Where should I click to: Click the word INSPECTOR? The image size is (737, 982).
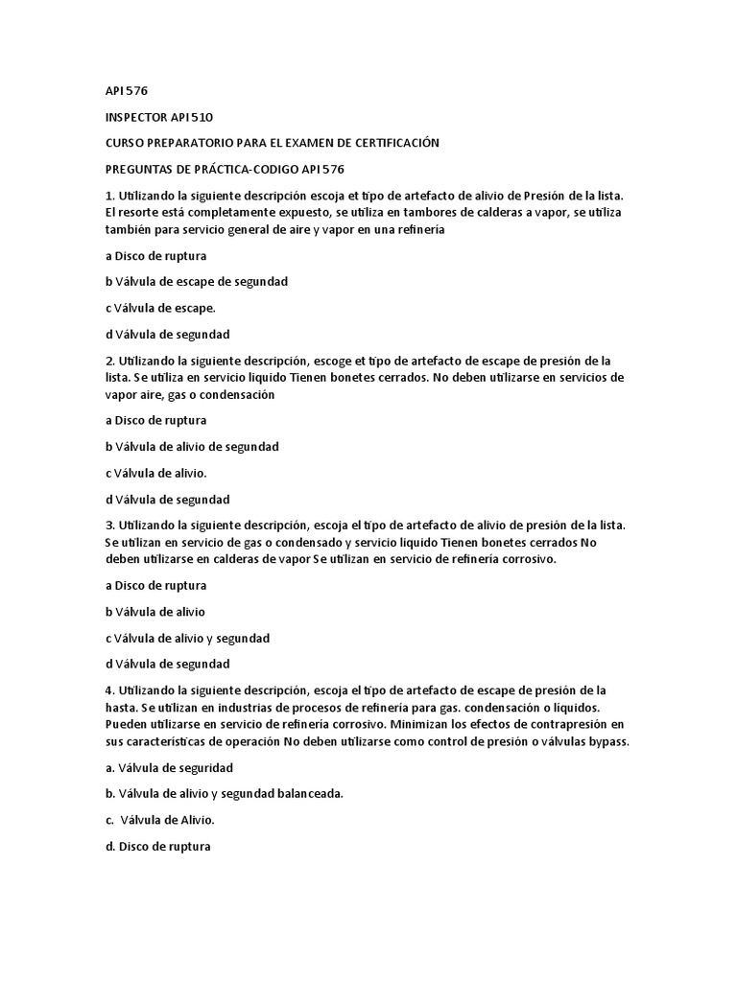click(137, 117)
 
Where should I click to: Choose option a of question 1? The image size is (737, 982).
click(155, 256)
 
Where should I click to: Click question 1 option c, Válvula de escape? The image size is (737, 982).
click(159, 308)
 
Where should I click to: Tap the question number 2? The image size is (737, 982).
click(108, 361)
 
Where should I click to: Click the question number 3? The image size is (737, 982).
click(108, 525)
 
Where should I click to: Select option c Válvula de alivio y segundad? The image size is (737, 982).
click(186, 638)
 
